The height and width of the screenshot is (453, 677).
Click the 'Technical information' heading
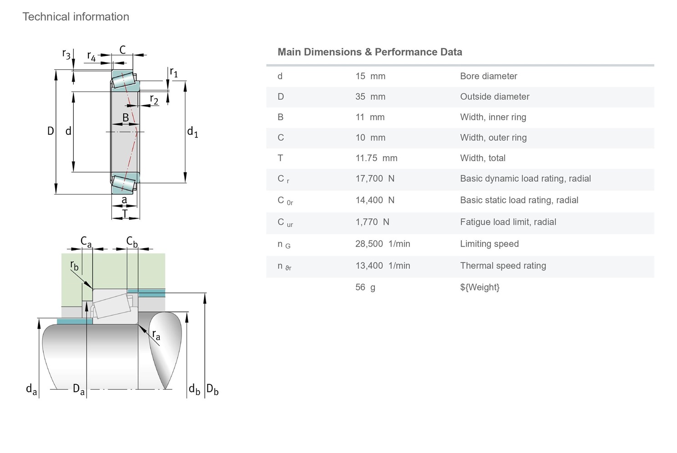coord(76,17)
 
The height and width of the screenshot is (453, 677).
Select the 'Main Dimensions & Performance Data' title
coord(369,52)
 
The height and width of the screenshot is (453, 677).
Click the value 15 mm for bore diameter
coord(370,76)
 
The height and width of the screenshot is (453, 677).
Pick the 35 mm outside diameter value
coord(370,97)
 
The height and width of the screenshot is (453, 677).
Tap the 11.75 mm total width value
coord(376,158)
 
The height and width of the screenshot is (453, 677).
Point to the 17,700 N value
coord(374,178)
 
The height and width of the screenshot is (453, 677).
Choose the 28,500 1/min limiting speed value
coord(382,244)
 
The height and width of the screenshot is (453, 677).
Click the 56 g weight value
coord(365,287)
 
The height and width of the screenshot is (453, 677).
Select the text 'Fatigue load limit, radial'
coord(508,222)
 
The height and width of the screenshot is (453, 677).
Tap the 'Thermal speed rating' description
coord(503,265)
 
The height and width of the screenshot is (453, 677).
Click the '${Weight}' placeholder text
coord(480,287)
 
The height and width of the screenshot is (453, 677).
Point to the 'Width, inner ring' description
coord(493,117)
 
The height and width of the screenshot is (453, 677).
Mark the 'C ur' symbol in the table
coord(285,223)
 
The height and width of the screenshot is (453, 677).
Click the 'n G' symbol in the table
coord(283,244)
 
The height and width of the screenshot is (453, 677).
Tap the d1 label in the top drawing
coord(192,132)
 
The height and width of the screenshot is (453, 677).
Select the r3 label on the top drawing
coord(66,54)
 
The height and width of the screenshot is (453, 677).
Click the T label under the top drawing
coord(125,213)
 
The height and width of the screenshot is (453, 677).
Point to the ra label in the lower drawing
coord(156,336)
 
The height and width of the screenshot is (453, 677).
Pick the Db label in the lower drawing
coord(212,390)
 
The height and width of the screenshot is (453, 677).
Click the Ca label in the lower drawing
coord(86,241)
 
